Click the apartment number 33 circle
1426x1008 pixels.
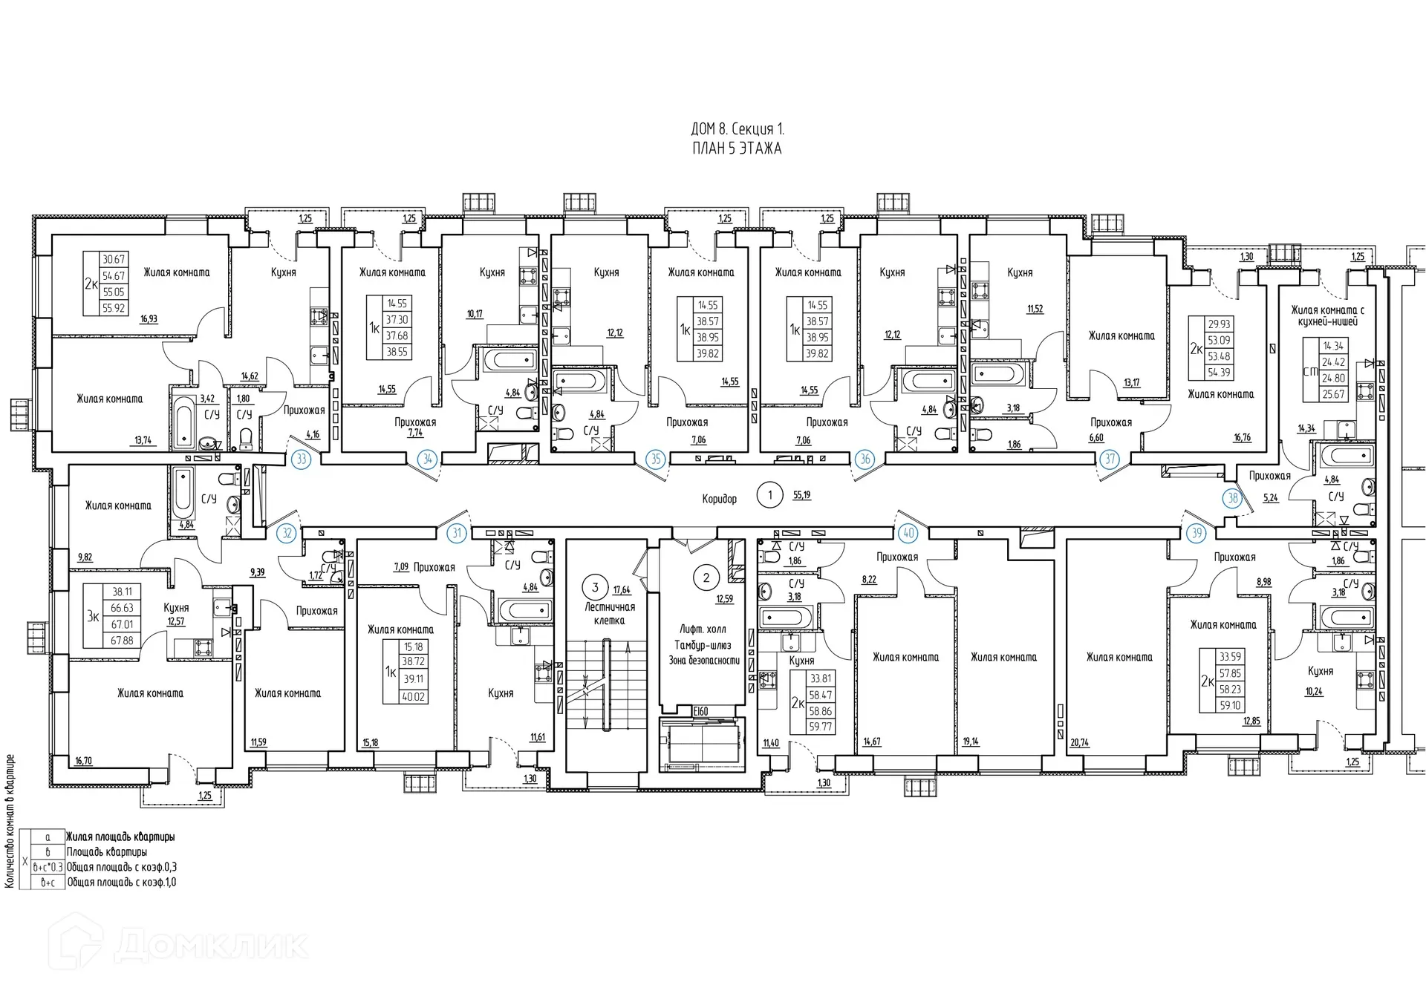[301, 459]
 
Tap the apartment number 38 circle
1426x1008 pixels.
[1233, 497]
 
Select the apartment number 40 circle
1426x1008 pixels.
[908, 533]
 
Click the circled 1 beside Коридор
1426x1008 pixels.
[769, 495]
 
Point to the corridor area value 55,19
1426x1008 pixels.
[801, 495]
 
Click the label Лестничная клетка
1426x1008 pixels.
[609, 613]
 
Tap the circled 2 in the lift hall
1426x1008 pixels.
[706, 577]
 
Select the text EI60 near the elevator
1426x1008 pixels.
[700, 711]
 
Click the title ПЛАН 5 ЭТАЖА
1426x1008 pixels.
[736, 148]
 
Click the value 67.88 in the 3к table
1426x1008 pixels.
[121, 640]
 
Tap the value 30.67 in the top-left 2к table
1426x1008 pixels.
[113, 260]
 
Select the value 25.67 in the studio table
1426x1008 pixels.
[1333, 394]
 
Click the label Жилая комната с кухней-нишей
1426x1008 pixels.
[1327, 315]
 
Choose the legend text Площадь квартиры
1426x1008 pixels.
[106, 852]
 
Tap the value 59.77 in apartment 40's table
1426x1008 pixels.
[820, 727]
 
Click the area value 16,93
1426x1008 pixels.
[149, 319]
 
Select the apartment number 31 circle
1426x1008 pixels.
[457, 533]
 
